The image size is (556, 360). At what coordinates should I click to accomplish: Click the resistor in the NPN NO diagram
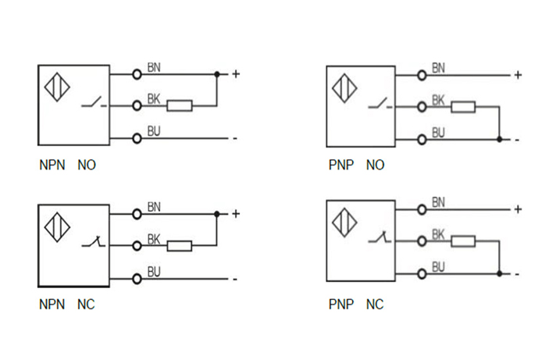pyautogui.click(x=180, y=105)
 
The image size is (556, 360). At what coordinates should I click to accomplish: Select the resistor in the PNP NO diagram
pyautogui.click(x=464, y=106)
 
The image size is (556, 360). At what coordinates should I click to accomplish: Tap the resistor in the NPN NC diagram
pyautogui.click(x=180, y=246)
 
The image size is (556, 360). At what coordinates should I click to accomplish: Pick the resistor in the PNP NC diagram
pyautogui.click(x=464, y=241)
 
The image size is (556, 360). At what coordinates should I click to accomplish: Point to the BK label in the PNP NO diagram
pyautogui.click(x=438, y=101)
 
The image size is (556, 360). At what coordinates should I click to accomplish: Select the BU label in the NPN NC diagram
pyautogui.click(x=154, y=273)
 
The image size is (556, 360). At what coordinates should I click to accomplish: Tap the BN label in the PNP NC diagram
pyautogui.click(x=438, y=203)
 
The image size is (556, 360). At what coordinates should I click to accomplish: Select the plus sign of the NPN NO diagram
pyautogui.click(x=235, y=75)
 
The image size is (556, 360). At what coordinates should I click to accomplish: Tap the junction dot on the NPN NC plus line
pyautogui.click(x=217, y=213)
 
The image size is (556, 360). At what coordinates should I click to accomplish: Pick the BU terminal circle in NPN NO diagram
pyautogui.click(x=137, y=138)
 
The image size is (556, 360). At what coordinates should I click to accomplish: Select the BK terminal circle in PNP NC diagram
pyautogui.click(x=422, y=241)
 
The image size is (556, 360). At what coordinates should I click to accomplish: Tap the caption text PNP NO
pyautogui.click(x=356, y=166)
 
